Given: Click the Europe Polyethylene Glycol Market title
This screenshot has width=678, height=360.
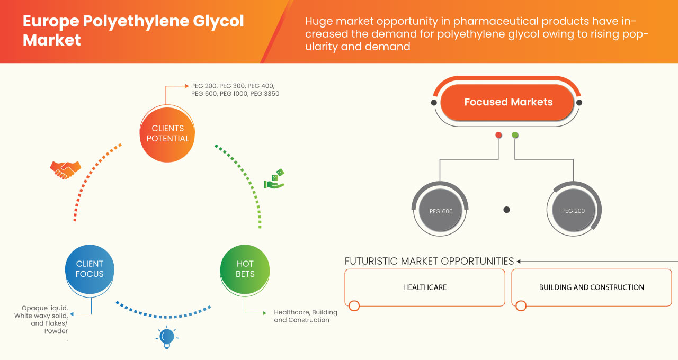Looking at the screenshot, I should click(133, 30).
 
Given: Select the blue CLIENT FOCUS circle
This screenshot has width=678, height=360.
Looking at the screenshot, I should click(90, 268).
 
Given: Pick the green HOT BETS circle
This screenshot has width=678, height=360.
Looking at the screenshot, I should click(245, 268).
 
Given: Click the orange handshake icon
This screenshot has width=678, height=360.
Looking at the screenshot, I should click(65, 169).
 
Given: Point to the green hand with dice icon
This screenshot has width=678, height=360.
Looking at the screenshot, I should click(274, 179).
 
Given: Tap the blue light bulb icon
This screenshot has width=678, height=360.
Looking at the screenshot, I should click(167, 337).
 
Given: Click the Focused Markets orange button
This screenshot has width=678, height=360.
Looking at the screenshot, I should click(508, 102).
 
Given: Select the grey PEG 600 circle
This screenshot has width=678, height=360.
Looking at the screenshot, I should click(441, 211).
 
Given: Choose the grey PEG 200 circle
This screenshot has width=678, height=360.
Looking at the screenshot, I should click(573, 211).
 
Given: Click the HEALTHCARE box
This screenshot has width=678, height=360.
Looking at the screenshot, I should click(424, 287).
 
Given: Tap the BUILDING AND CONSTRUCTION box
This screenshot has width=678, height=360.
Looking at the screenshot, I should click(591, 287).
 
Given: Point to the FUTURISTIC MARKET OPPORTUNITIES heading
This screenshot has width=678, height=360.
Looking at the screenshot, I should click(429, 261).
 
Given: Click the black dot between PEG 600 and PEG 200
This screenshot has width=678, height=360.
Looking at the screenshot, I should click(506, 210).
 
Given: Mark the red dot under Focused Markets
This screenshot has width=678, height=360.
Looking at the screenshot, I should click(498, 135).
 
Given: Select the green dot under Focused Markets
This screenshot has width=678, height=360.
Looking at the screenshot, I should click(515, 135).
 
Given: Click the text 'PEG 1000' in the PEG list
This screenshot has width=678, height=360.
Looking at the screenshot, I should click(234, 94).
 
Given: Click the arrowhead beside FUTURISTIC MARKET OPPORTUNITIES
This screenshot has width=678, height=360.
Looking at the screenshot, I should click(519, 261).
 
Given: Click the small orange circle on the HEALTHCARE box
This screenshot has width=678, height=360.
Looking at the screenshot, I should click(354, 305).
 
